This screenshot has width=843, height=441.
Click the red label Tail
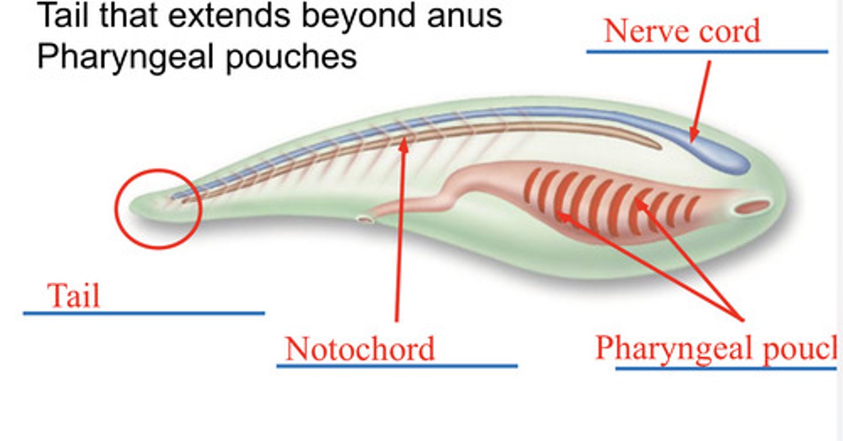coord(73,295)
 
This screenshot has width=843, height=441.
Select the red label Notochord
coord(359,349)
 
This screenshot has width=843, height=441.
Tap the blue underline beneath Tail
coord(143,313)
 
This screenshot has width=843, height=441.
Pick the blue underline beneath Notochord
coord(396,367)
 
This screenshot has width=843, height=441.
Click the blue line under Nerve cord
coord(707,51)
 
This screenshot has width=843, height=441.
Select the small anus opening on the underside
coord(366,219)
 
